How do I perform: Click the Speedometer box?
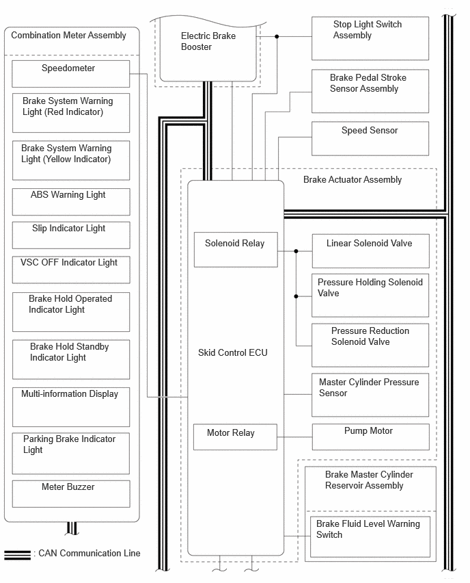tap(71, 74)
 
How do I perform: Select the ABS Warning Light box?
tap(71, 202)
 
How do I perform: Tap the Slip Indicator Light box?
tap(71, 235)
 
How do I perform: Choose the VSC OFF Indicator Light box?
tap(71, 270)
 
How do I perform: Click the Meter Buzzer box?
tap(71, 494)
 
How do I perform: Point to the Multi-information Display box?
tap(71, 407)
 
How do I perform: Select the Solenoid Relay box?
tap(236, 250)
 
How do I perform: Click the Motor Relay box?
tap(236, 437)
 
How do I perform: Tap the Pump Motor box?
tap(370, 437)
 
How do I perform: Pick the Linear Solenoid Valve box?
tap(370, 251)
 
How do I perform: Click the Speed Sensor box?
tap(370, 138)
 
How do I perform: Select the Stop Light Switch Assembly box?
tap(370, 38)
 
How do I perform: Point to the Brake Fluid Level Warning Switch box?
tap(370, 536)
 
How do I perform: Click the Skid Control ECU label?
tap(233, 352)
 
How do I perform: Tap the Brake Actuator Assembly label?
tap(352, 179)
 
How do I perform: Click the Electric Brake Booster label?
tap(208, 41)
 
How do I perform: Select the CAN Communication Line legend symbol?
tap(18, 554)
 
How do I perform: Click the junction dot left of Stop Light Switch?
tap(277, 36)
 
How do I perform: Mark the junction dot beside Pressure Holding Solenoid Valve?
tap(296, 296)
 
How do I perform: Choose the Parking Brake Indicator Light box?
tap(71, 453)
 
